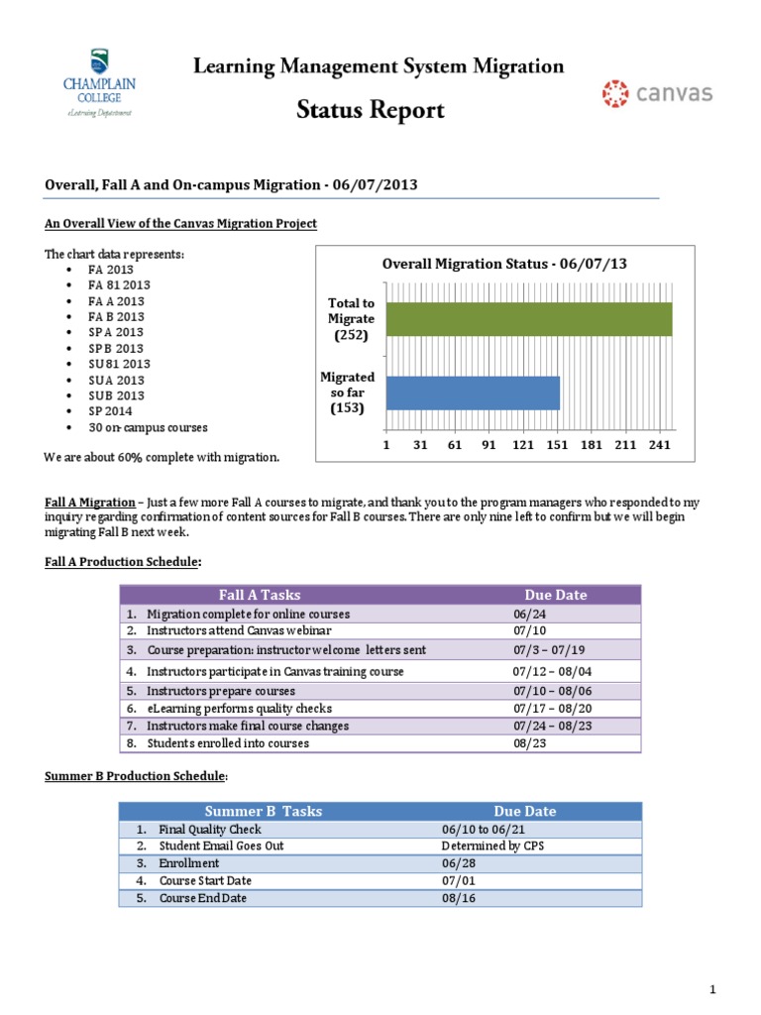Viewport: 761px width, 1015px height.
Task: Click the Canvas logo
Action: tap(657, 94)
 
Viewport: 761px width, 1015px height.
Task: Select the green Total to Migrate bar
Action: tap(528, 319)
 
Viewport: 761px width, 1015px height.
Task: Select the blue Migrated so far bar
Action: tap(473, 393)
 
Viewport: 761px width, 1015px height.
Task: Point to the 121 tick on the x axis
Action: tap(522, 446)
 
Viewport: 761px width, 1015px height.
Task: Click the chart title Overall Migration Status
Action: tap(504, 264)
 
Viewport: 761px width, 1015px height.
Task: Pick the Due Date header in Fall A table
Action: tap(555, 595)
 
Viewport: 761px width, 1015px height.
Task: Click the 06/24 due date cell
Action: tap(516, 615)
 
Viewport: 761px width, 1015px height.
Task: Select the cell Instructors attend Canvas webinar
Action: tap(239, 630)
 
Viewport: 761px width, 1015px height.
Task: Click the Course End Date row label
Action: tap(202, 898)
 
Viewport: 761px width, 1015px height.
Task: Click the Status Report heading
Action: tap(372, 109)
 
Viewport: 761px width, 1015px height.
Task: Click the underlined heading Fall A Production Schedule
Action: tap(123, 562)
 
